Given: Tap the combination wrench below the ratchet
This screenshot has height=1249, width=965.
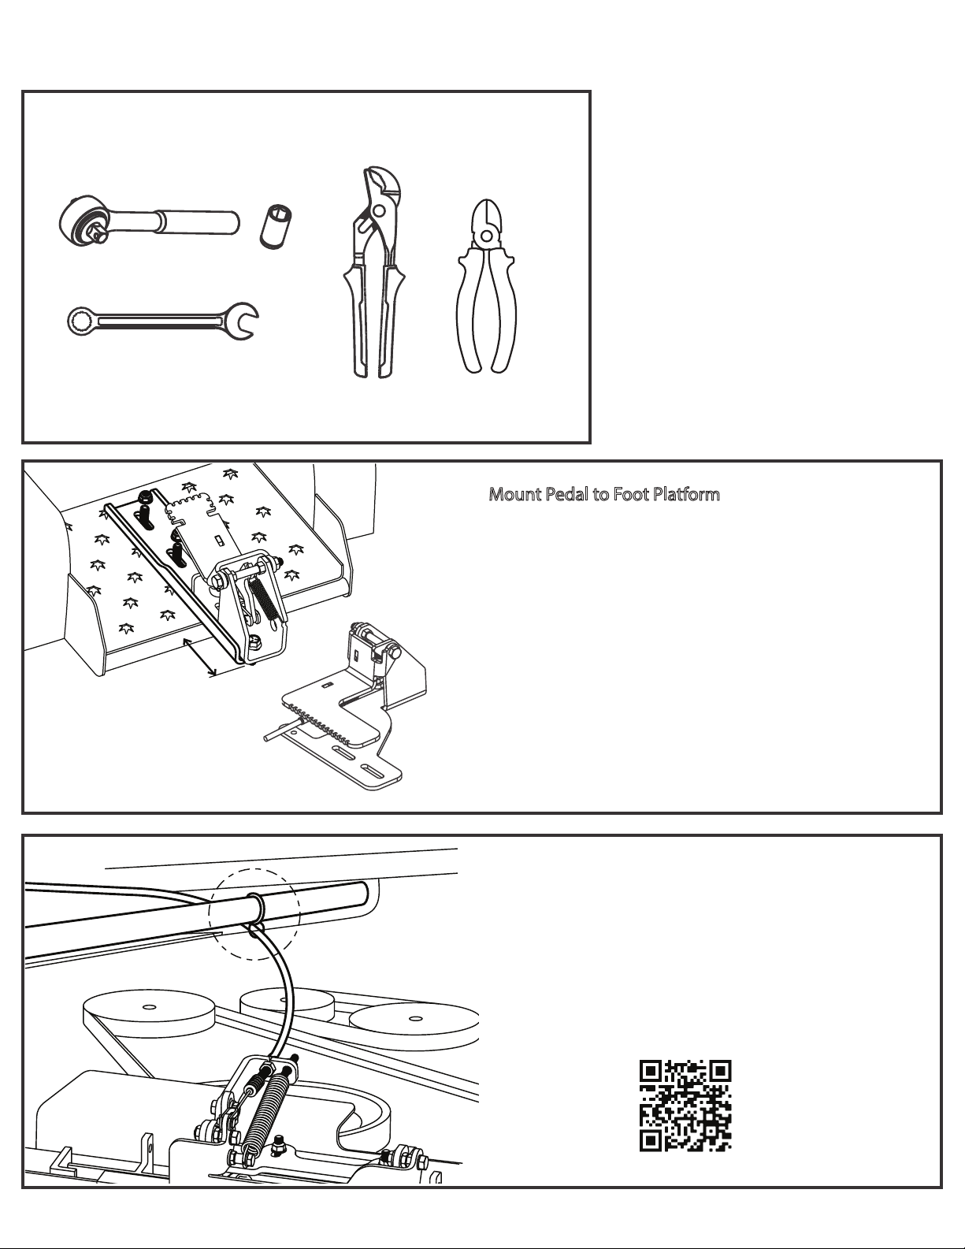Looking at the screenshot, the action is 162,321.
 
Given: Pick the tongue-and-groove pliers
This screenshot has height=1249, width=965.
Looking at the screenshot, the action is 373,273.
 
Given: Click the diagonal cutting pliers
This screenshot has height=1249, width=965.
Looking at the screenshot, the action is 487,286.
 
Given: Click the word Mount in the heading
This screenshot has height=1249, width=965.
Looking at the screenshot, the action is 514,494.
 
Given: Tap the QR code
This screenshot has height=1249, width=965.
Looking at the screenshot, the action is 685,1106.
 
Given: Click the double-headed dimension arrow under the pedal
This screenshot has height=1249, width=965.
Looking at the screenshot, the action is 199,656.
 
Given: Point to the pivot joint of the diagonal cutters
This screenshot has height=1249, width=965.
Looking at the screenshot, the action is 487,236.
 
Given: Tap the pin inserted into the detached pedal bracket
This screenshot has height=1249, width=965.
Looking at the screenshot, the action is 282,728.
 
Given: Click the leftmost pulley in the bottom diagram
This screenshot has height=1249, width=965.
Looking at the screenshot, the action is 150,1014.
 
